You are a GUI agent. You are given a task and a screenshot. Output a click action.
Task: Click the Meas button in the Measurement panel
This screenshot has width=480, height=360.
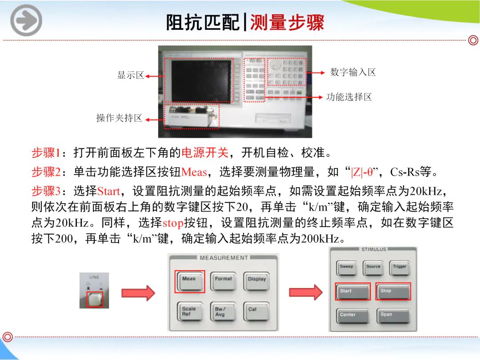pyautogui.click(x=189, y=281)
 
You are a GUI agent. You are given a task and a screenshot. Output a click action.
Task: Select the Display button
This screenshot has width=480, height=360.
pyautogui.click(x=257, y=281)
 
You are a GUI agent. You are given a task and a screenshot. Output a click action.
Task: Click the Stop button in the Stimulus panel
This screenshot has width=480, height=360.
pyautogui.click(x=393, y=292)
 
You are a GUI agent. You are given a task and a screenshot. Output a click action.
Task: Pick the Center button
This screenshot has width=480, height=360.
pyautogui.click(x=352, y=316)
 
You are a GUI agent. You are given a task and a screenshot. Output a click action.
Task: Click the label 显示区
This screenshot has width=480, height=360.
pyautogui.click(x=130, y=75)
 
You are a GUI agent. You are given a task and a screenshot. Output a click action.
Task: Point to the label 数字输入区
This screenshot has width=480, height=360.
pyautogui.click(x=353, y=72)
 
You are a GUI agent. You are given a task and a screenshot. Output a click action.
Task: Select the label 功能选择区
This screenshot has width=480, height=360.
pyautogui.click(x=349, y=97)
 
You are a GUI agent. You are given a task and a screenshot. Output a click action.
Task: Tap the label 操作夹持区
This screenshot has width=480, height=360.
pyautogui.click(x=119, y=118)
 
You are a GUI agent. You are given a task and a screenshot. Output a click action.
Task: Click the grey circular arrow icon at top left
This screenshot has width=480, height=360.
pyautogui.click(x=26, y=20)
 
